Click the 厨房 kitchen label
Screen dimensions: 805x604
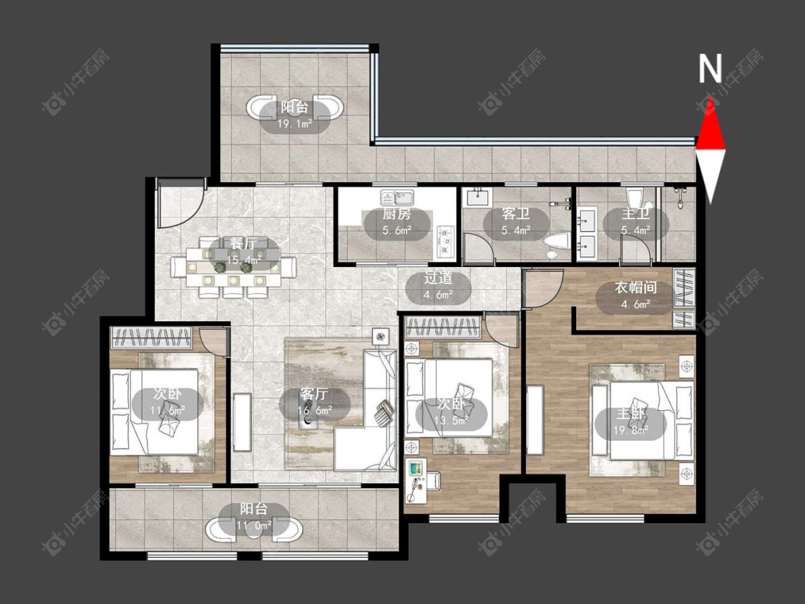point(396,214)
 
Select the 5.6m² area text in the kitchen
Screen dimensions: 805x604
point(397,230)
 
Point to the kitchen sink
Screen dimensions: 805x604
point(397,198)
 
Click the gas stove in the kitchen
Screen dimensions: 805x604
point(445,241)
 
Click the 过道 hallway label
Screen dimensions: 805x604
point(438,278)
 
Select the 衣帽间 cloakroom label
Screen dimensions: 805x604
point(635,288)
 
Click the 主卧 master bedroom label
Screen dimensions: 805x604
point(630,414)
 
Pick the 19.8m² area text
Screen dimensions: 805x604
point(630,430)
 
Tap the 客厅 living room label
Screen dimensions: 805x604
point(314,394)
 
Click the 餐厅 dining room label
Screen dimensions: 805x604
point(243,243)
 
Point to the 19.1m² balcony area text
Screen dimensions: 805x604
point(296,124)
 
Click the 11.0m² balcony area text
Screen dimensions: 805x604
point(253,525)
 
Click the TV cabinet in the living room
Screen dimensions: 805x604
point(242,423)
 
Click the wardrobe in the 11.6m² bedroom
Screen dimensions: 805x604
point(152,338)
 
